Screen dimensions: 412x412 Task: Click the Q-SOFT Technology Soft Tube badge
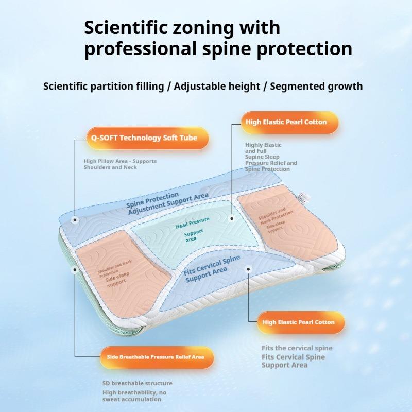pyautogui.click(x=148, y=138)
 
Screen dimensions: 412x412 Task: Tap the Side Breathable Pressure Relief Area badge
pyautogui.click(x=157, y=357)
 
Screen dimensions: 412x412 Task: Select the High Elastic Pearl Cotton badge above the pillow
pyautogui.click(x=289, y=122)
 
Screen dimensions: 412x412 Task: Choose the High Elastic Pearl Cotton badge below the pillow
pyautogui.click(x=301, y=322)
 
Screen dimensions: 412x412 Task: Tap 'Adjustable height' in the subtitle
pyautogui.click(x=217, y=87)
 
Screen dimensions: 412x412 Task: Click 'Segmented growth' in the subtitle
pyautogui.click(x=316, y=87)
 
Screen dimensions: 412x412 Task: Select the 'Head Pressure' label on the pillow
pyautogui.click(x=192, y=222)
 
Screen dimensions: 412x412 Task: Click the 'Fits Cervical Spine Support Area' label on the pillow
pyautogui.click(x=212, y=269)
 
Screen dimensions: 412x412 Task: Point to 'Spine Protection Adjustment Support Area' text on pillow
pyautogui.click(x=167, y=203)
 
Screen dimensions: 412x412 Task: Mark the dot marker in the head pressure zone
pyautogui.click(x=232, y=218)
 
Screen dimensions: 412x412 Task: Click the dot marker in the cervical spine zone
pyautogui.click(x=248, y=269)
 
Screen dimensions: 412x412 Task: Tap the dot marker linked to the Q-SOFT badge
pyautogui.click(x=75, y=220)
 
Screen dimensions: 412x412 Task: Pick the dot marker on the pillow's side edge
pyautogui.click(x=75, y=269)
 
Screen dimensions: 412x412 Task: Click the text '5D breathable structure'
pyautogui.click(x=138, y=383)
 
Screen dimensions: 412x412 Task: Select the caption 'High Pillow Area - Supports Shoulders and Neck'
pyautogui.click(x=120, y=164)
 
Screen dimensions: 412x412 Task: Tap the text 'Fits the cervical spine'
pyautogui.click(x=297, y=348)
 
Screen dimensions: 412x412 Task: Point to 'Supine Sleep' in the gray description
pyautogui.click(x=262, y=157)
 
